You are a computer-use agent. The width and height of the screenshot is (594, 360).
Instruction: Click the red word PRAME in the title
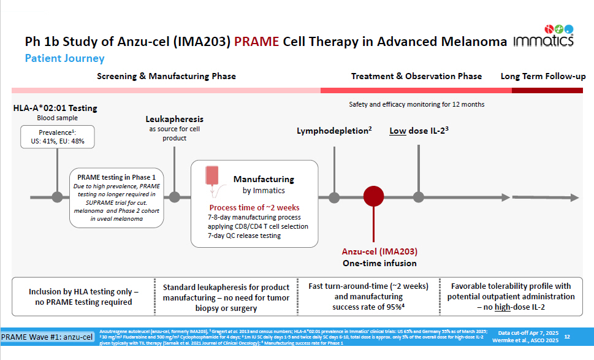coord(256,42)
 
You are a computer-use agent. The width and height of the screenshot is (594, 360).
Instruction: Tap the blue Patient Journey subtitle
coord(64,59)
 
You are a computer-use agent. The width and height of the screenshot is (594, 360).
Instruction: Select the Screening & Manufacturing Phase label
coord(166,77)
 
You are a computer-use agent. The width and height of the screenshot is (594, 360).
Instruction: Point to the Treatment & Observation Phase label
coord(416,77)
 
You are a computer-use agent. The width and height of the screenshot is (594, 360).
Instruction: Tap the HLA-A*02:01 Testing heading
coord(55,109)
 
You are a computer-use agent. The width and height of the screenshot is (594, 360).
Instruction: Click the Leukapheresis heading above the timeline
coord(175,118)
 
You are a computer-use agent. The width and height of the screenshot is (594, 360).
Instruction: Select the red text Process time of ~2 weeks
coord(254,208)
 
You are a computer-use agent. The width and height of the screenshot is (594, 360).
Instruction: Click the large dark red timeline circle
coord(373,197)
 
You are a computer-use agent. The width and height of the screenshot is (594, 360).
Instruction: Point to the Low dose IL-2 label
coord(419,131)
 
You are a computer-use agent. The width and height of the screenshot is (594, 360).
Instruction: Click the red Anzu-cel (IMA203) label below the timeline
coord(379,252)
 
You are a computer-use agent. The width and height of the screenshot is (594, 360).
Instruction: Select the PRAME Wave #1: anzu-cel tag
coord(48,337)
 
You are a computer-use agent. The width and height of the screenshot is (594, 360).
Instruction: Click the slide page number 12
coord(567,337)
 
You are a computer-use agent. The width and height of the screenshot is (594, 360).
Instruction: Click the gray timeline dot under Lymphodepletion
coord(334,197)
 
